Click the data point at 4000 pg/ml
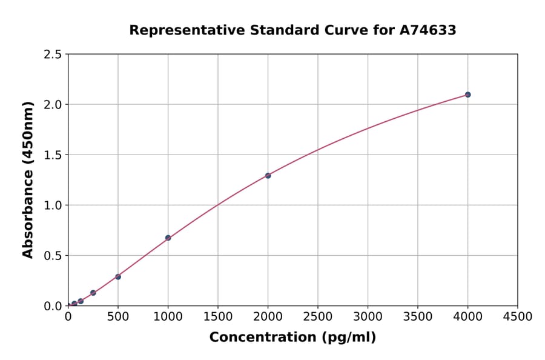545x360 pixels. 467,95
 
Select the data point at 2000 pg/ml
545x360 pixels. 268,176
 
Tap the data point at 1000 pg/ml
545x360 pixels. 168,238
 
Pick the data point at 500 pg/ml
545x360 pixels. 118,277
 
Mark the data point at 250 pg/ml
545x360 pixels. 93,293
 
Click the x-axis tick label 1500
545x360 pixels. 218,316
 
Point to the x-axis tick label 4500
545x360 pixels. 517,316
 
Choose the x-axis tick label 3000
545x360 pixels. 368,316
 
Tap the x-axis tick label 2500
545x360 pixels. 318,316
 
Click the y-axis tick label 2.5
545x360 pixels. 52,55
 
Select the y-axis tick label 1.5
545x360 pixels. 52,155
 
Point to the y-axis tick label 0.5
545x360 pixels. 52,256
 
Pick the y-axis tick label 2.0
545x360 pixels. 52,105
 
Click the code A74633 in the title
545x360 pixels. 429,30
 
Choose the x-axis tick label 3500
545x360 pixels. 418,316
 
